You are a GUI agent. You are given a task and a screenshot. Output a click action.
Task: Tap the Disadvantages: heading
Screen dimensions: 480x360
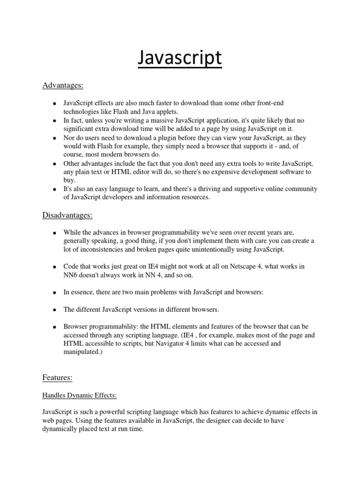pos(67,215)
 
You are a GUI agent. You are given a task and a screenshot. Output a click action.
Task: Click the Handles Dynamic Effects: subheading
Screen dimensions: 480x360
pos(79,396)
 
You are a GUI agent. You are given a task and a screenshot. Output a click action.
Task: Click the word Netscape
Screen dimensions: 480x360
pos(247,266)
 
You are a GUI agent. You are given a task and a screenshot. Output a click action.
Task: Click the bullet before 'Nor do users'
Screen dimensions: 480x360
pos(54,139)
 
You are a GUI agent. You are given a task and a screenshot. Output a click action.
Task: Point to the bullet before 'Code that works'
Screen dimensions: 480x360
pos(54,267)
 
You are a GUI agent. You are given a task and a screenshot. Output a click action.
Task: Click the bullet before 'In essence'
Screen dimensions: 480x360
pos(54,292)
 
